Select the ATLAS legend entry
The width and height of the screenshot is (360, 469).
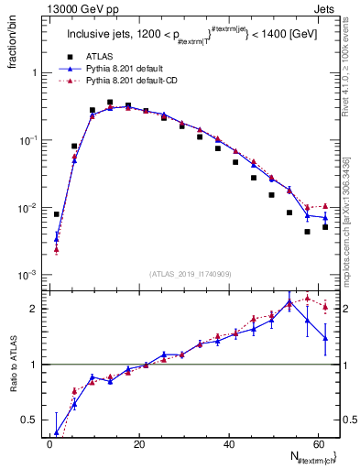[x=98, y=57]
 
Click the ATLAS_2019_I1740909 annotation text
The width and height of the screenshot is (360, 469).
[x=191, y=273]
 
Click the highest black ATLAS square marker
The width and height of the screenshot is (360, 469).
[x=110, y=103]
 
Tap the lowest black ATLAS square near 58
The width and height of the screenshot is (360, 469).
[x=307, y=232]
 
